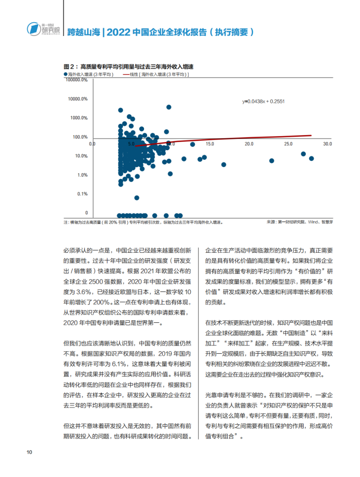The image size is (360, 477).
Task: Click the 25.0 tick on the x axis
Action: [289, 144]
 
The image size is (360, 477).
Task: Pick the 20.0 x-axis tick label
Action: [249, 144]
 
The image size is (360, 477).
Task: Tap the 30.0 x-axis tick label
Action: [327, 144]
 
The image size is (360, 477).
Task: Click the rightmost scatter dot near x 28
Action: [311, 158]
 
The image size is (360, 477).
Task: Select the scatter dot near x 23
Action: [271, 161]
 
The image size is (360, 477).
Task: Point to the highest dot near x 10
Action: [169, 107]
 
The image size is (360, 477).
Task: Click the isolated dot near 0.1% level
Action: [137, 197]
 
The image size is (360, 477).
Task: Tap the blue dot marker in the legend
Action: [66, 74]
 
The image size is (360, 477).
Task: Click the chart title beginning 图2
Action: [129, 66]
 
